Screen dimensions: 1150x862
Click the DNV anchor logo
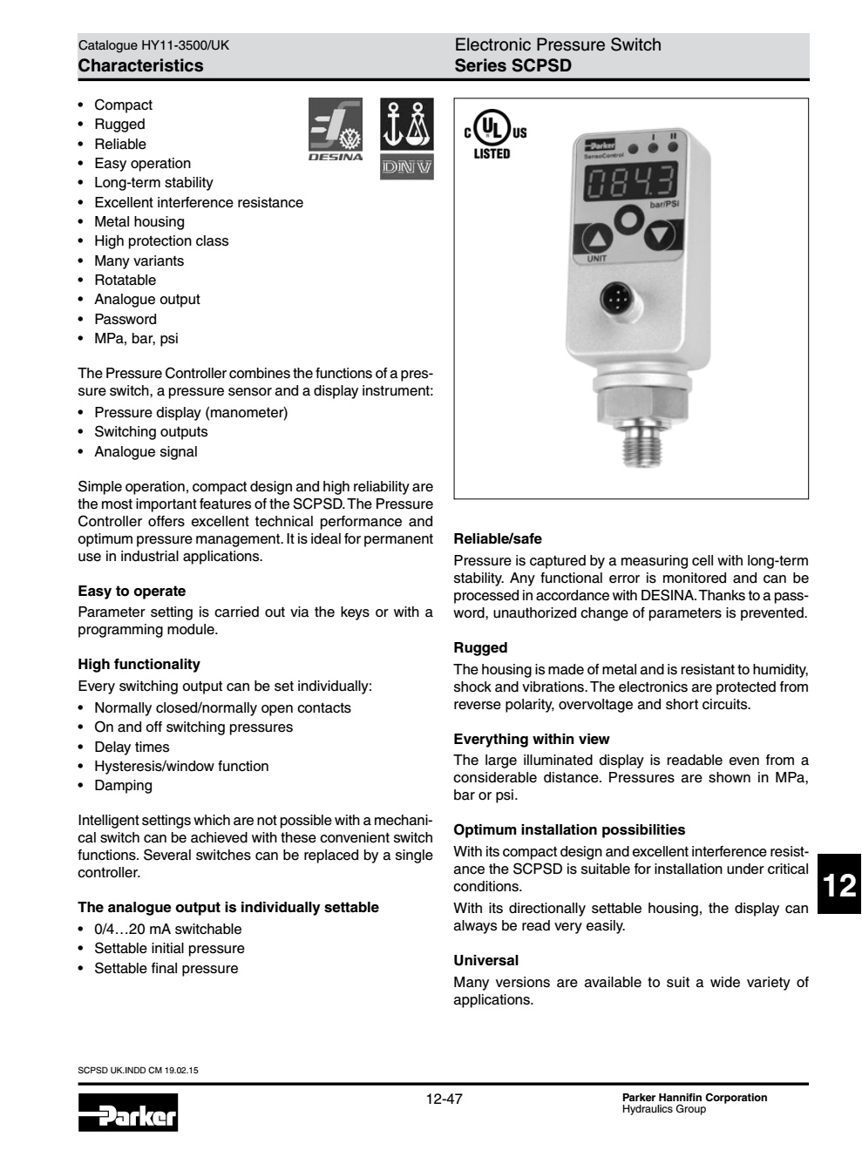[x=406, y=138]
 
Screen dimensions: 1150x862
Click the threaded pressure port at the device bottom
[x=641, y=449]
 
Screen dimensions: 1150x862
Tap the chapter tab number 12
[x=838, y=886]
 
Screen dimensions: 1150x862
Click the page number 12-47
[x=444, y=1099]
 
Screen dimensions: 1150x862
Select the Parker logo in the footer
[x=128, y=1111]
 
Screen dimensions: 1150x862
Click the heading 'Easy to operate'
[x=132, y=591]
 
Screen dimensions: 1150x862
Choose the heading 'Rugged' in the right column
[x=480, y=647]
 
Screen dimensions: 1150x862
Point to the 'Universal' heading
[x=485, y=960]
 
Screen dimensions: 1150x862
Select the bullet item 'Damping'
[x=123, y=785]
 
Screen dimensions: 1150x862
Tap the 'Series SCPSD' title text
[x=512, y=65]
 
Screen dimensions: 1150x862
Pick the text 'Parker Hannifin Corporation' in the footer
[x=695, y=1097]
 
